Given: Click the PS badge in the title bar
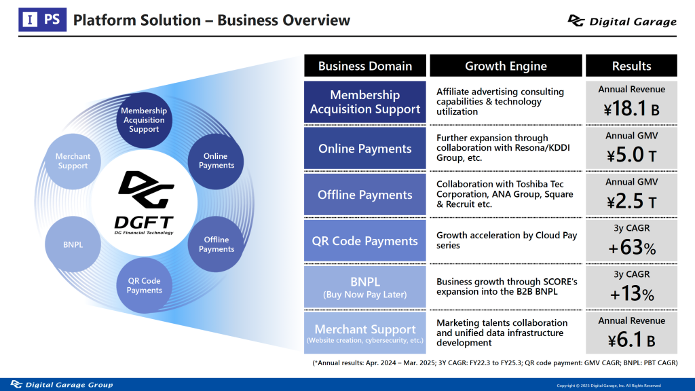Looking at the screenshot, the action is pyautogui.click(x=43, y=20).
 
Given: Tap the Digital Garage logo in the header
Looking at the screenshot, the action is pyautogui.click(x=622, y=21).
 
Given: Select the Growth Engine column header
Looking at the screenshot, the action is pyautogui.click(x=506, y=66).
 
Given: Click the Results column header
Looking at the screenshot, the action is pyautogui.click(x=631, y=66).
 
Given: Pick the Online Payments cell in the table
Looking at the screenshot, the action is pyautogui.click(x=364, y=149).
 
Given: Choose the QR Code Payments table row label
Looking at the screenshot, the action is pyautogui.click(x=364, y=241).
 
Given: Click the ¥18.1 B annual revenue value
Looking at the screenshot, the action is pyautogui.click(x=631, y=109).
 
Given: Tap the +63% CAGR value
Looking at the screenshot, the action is pyautogui.click(x=632, y=247).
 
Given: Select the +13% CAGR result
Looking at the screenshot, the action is pyautogui.click(x=632, y=293).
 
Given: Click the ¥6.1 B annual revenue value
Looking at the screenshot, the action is pyautogui.click(x=631, y=340).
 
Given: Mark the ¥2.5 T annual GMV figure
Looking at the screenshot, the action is pyautogui.click(x=631, y=201).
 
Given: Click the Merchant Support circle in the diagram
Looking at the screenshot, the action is pyautogui.click(x=73, y=162).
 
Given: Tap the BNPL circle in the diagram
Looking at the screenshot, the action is pyautogui.click(x=73, y=244).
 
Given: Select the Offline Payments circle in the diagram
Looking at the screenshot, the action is pyautogui.click(x=216, y=244).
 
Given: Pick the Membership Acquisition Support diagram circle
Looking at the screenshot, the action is pyautogui.click(x=144, y=119).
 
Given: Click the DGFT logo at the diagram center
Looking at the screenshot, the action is pyautogui.click(x=144, y=202).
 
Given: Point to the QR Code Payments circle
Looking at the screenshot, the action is pyautogui.click(x=144, y=286).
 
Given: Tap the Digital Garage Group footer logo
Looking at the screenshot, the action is pyautogui.click(x=62, y=384).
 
